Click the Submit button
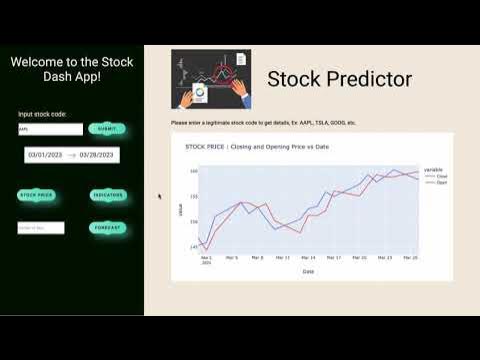(x=107, y=129)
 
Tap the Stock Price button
(x=37, y=195)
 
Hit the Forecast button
(x=107, y=228)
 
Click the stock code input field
(x=50, y=129)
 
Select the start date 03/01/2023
(x=45, y=155)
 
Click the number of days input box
(x=41, y=228)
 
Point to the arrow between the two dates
(x=71, y=155)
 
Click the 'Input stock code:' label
(x=42, y=114)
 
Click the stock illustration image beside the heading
(x=211, y=79)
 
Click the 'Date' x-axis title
(x=308, y=271)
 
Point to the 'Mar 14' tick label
(x=308, y=257)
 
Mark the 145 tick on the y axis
(x=194, y=246)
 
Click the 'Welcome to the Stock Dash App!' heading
(x=72, y=69)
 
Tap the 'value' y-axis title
(x=181, y=208)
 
